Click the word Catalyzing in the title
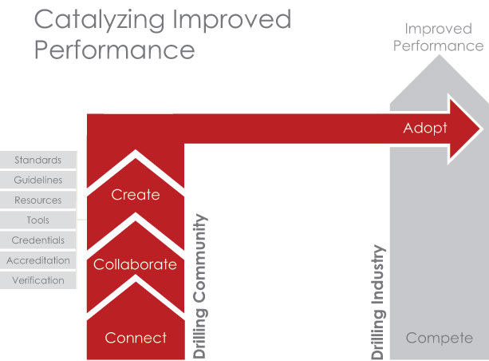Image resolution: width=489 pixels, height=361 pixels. [x=100, y=21]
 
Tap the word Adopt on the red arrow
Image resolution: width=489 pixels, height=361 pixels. [x=425, y=128]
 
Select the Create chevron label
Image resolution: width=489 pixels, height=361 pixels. [x=136, y=195]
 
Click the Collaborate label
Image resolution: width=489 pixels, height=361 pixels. [x=135, y=264]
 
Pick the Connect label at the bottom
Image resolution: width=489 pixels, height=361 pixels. [x=136, y=338]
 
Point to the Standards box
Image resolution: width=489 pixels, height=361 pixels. [x=38, y=160]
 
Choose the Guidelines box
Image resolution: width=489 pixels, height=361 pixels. [x=38, y=180]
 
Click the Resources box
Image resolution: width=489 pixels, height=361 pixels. [x=38, y=200]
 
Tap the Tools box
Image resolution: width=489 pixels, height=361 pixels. [x=38, y=220]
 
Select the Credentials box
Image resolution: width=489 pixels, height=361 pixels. [x=38, y=240]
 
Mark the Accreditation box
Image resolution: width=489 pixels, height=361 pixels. [x=38, y=260]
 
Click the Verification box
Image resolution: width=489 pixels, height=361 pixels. [x=38, y=280]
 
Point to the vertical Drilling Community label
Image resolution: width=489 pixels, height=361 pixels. [x=199, y=286]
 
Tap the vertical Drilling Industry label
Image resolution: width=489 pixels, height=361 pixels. [x=378, y=302]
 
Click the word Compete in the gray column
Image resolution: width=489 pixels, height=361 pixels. [x=440, y=338]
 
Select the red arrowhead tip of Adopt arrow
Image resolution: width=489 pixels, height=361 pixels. [x=479, y=129]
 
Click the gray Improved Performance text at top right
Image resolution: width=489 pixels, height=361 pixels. [x=438, y=38]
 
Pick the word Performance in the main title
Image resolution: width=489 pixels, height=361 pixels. [x=114, y=50]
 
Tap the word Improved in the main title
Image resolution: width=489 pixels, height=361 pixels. [x=231, y=19]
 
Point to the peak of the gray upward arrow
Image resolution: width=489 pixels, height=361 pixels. [x=440, y=55]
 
